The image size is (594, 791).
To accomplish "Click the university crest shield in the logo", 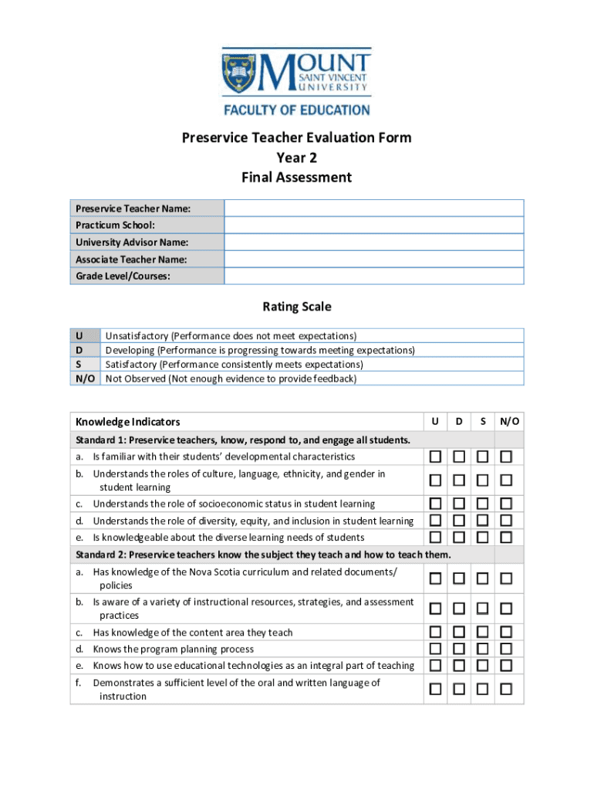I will [x=241, y=74].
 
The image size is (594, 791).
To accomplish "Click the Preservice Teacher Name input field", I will [x=374, y=209].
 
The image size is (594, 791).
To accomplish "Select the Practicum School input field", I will [x=374, y=225].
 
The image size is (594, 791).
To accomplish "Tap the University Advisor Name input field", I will [x=374, y=242].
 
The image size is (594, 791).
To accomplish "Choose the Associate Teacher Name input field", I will [x=374, y=259].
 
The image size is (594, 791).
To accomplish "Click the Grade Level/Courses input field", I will [x=374, y=276].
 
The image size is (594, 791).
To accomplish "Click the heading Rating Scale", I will [x=297, y=307].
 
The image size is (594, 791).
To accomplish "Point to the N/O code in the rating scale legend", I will [x=85, y=379].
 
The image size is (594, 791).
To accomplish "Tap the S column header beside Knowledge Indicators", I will [x=482, y=421].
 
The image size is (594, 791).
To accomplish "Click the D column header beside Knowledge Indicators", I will [x=459, y=421].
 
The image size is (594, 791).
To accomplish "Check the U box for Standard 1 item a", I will [x=436, y=457].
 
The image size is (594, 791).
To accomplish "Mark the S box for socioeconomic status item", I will [x=482, y=504].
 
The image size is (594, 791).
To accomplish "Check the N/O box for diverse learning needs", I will [x=506, y=537].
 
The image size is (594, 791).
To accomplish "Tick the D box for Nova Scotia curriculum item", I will [x=459, y=578].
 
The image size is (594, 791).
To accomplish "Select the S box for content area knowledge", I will [x=482, y=632].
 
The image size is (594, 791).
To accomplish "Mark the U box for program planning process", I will [x=436, y=649].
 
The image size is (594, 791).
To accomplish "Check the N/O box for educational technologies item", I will [x=506, y=665].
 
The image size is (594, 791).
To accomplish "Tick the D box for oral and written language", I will [x=459, y=689].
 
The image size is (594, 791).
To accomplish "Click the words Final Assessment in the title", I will [x=297, y=178].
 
